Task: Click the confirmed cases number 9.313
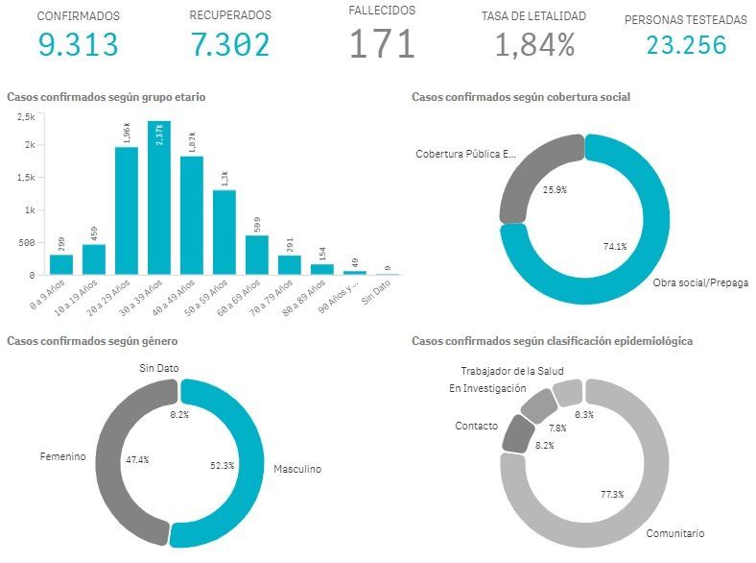coord(79,44)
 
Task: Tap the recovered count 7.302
coord(229,44)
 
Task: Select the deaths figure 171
coord(382,44)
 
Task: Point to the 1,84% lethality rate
coord(534,44)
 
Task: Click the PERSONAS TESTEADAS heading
coord(685,19)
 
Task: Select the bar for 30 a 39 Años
coord(159,198)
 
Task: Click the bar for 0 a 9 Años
coord(61,264)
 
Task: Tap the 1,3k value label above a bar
coord(224,178)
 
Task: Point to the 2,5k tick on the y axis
coord(26,116)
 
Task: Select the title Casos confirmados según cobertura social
coord(520,97)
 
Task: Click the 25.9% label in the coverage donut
coord(553,190)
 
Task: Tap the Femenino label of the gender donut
coord(62,457)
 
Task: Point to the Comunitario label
coord(675,533)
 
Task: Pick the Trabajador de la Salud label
coord(511,371)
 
